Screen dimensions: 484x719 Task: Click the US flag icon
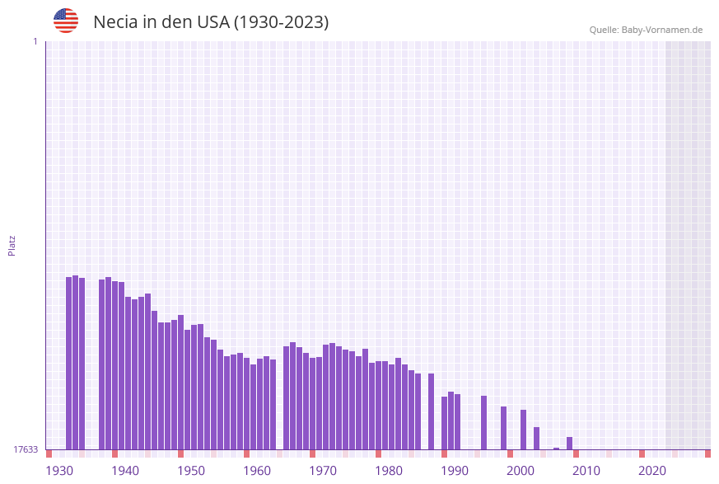click(66, 21)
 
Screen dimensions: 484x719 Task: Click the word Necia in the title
click(115, 22)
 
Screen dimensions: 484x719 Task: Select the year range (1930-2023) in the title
click(282, 22)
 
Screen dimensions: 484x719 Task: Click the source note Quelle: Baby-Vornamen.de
click(646, 30)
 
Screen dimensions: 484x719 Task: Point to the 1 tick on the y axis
click(35, 41)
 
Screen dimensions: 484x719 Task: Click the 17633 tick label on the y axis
click(26, 449)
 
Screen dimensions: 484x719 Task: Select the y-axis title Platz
click(12, 245)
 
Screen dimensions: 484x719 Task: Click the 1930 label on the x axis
click(59, 471)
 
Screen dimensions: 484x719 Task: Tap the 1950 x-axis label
click(191, 471)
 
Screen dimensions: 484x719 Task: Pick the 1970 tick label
click(323, 471)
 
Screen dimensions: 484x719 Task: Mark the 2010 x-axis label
click(586, 471)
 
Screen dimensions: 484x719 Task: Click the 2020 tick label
click(652, 471)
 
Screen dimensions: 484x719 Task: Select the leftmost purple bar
click(69, 363)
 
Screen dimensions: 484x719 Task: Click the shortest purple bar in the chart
click(557, 449)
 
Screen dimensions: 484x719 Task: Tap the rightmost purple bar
click(570, 443)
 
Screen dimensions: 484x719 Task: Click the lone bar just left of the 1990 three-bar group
click(431, 411)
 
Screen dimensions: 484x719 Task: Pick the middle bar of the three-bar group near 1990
click(451, 421)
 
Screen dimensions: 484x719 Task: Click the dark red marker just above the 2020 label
click(642, 453)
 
